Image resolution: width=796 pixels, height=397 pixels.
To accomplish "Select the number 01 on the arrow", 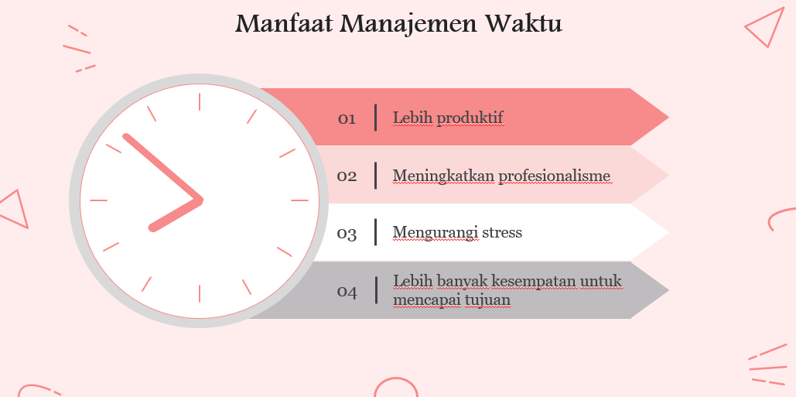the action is pos(347,119).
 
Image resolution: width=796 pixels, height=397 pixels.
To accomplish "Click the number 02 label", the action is pos(347,176).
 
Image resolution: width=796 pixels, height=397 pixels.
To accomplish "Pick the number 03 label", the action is pos(347,234).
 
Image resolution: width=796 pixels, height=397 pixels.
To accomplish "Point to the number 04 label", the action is pos(347,292).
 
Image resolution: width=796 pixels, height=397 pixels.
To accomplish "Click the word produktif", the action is pos(470,118).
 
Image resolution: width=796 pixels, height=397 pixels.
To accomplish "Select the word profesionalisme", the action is pos(554,176).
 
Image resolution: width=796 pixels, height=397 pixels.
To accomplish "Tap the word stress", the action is pos(502,232).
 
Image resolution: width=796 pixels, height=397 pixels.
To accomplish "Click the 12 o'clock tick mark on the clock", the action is pos(200,101).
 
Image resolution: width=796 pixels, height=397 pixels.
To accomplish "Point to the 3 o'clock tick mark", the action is pos(299,200).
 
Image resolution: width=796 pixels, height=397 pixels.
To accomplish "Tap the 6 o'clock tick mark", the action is pos(200,294).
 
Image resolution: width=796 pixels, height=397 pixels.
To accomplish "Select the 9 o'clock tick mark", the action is pos(98,200).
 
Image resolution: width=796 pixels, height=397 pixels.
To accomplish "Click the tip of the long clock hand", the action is pos(126,136).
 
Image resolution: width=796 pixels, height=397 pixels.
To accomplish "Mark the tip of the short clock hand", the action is pos(152,228).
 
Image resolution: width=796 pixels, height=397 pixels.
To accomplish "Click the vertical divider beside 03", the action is pos(375,232).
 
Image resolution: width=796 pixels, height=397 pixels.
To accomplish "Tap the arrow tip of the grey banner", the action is pos(668,290).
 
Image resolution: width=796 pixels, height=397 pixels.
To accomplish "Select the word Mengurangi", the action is pos(436,232).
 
